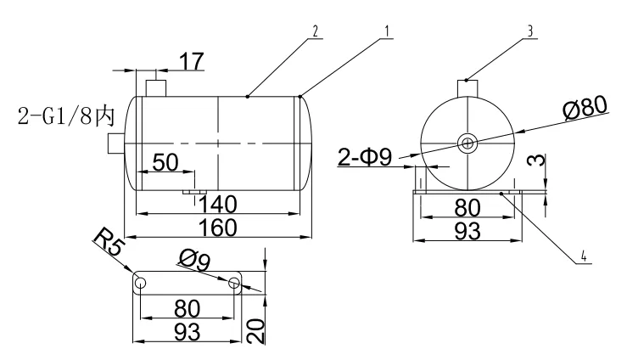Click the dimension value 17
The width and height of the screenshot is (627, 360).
(192, 62)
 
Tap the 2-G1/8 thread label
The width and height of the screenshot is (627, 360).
(66, 116)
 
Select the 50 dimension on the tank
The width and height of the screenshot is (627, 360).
(166, 162)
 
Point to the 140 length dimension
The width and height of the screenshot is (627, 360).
(217, 205)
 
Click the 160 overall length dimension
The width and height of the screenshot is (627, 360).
(218, 228)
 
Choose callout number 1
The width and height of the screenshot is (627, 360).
(387, 31)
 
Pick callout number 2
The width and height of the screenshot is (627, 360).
(316, 31)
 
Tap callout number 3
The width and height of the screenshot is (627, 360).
(530, 31)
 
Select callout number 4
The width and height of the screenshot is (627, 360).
(584, 256)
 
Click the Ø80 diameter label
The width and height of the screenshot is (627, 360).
(585, 107)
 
